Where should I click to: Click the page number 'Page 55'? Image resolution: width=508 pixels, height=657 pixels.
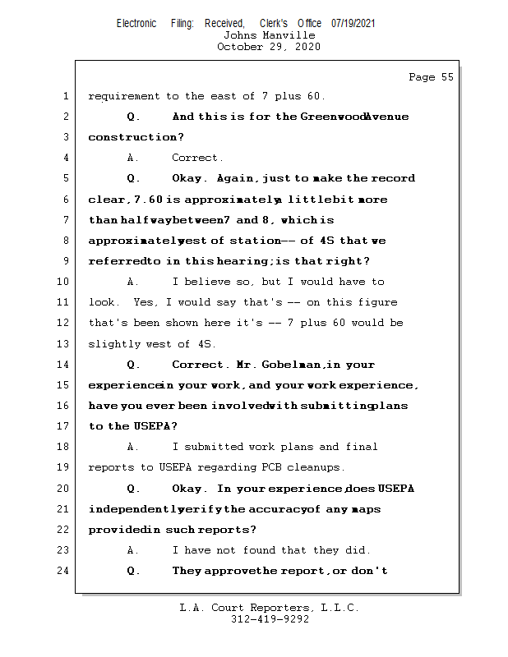431,77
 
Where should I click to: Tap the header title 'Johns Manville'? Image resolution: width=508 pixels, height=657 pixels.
269,35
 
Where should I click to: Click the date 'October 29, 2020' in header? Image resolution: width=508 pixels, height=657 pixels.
269,47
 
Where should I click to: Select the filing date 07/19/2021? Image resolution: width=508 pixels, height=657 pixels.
353,24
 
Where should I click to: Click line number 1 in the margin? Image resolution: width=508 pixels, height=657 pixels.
65,96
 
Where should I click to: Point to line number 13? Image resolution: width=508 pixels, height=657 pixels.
62,344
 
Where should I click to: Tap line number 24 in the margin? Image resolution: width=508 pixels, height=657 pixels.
62,571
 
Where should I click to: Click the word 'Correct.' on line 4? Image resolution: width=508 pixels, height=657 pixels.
197,158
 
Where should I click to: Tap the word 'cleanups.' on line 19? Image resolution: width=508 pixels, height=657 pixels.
317,467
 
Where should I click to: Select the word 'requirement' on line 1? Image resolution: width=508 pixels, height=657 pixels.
124,96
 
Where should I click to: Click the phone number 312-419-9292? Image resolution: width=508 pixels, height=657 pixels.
270,620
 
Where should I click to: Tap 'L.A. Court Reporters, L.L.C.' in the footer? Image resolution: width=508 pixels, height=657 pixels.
270,609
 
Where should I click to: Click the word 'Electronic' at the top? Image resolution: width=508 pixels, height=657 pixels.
136,24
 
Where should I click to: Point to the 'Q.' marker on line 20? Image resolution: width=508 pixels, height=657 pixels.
134,489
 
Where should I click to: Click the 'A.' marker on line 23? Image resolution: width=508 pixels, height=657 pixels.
134,550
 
